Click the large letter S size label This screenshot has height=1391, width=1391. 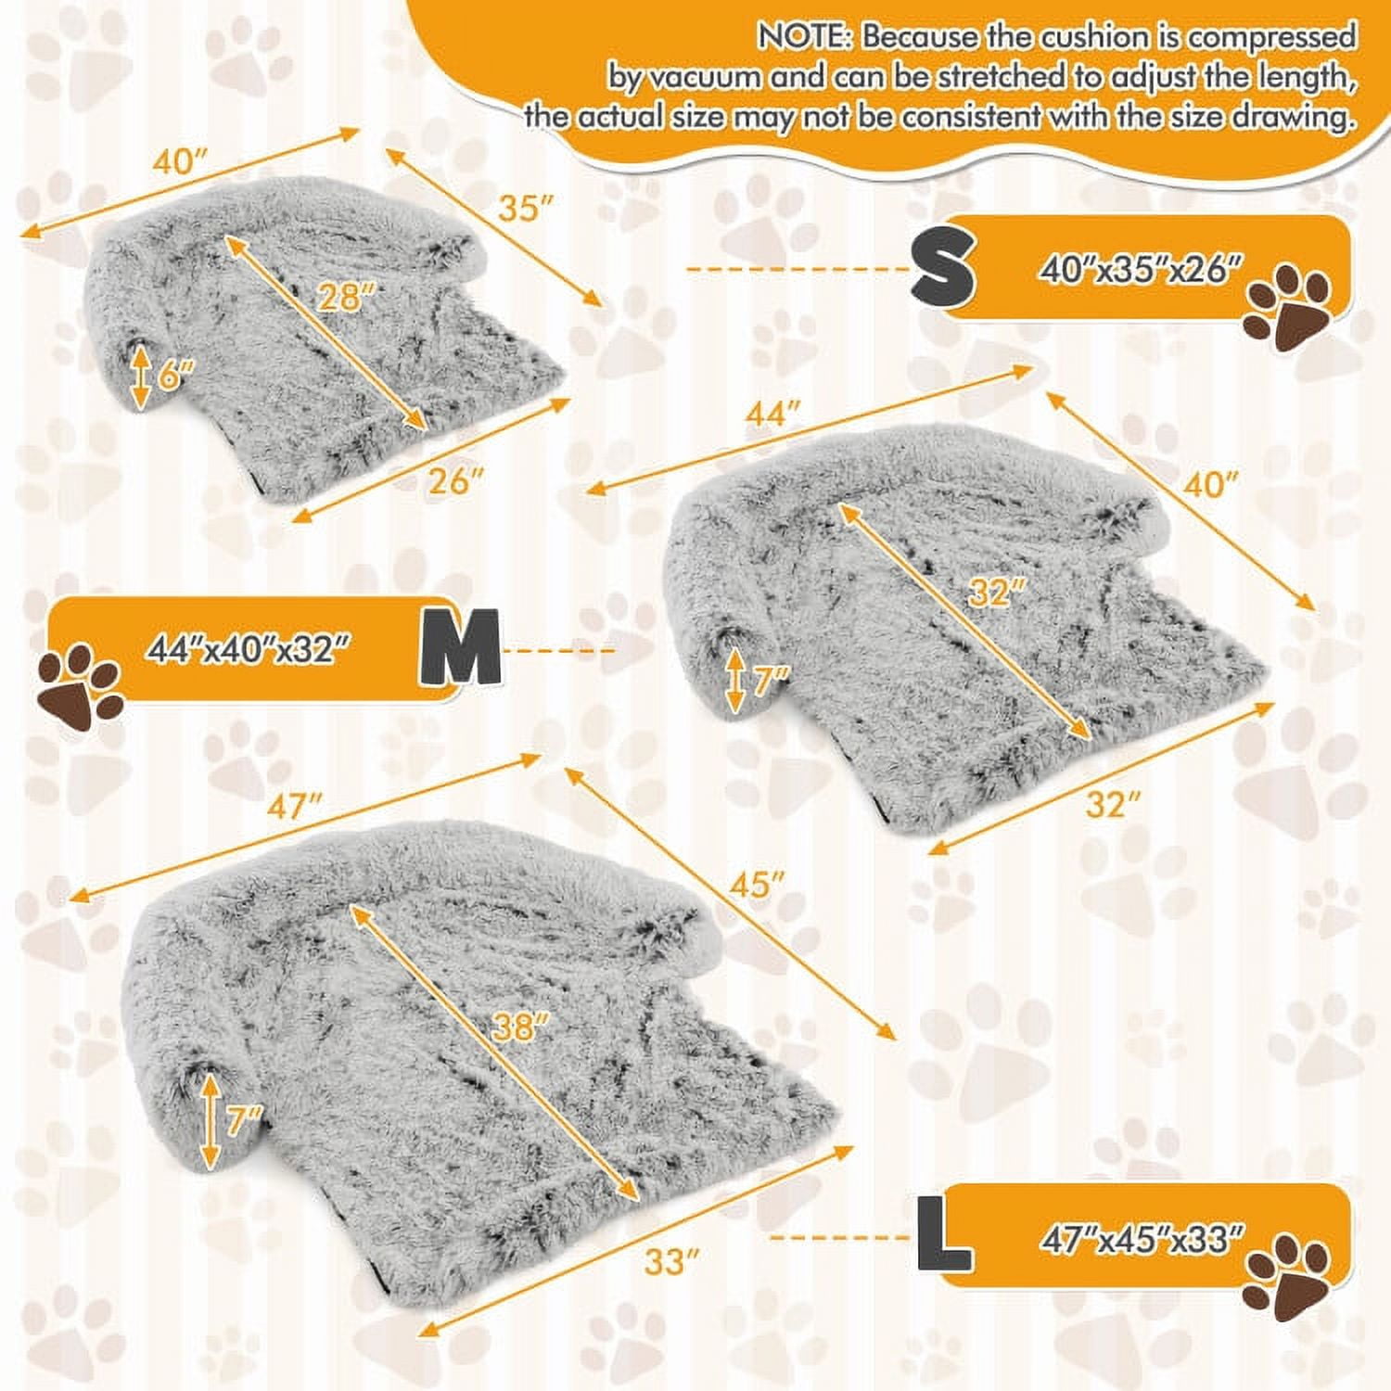coord(942,268)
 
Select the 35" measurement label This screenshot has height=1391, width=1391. coord(518,209)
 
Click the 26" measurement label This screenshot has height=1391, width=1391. coord(456,482)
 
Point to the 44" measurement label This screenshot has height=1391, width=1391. coord(772,413)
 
